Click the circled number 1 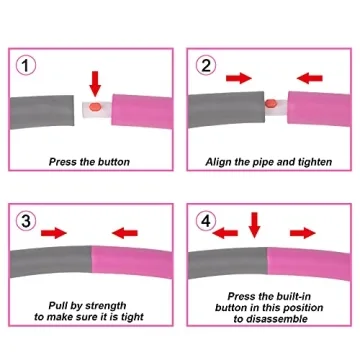(x=26, y=66)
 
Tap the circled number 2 (x=206, y=66)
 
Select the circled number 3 (x=26, y=221)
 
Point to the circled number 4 (x=206, y=221)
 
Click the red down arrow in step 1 (x=95, y=83)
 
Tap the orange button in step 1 (x=95, y=107)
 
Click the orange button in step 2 (x=270, y=104)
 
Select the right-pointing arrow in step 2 (x=238, y=78)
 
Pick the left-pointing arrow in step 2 (x=310, y=78)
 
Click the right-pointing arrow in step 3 (x=54, y=233)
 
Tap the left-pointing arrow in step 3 (x=125, y=233)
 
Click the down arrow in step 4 (x=254, y=225)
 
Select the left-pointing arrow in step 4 (x=225, y=233)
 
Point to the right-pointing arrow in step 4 (x=303, y=233)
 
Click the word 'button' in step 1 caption (x=114, y=162)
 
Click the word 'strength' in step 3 (x=106, y=306)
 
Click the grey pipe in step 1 (x=42, y=111)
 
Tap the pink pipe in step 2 (x=319, y=108)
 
